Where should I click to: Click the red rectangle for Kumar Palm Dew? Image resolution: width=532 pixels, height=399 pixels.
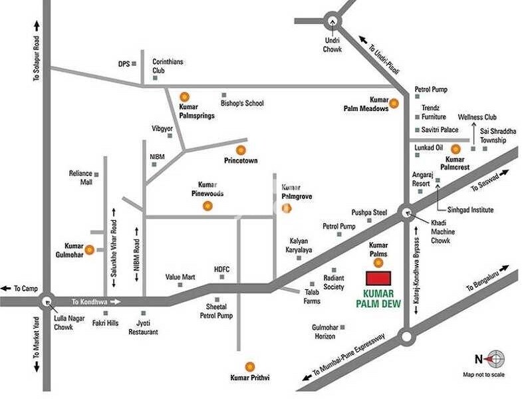[x=380, y=278]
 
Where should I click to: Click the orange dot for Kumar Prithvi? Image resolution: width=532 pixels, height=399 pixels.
[x=250, y=366]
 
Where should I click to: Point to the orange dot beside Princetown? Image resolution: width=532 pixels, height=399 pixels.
[x=241, y=150]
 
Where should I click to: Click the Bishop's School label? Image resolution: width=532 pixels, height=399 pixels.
[x=242, y=103]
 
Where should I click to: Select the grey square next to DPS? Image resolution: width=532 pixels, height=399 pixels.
[x=134, y=64]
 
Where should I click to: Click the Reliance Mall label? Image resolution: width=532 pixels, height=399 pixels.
[x=80, y=178]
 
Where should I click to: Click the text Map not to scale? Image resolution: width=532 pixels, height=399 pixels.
[x=483, y=375]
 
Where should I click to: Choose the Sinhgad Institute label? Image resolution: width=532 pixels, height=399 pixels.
[x=469, y=210]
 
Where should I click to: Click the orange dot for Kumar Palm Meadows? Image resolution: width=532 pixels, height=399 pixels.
[x=394, y=103]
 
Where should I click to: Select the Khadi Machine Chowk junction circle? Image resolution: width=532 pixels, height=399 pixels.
[x=406, y=213]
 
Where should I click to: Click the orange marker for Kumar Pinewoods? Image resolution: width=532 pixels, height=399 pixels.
[x=207, y=205]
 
